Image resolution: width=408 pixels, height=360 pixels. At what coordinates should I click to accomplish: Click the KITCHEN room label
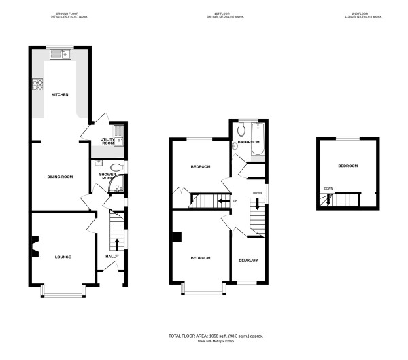[x=61, y=94]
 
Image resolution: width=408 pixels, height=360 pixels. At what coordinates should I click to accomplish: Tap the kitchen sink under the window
[x=68, y=53]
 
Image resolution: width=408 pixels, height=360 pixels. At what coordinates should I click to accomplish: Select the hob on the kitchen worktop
[x=36, y=86]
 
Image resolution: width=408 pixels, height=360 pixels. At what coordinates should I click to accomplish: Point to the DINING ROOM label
[x=60, y=177]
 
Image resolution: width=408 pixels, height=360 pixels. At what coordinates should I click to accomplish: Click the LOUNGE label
[x=63, y=257]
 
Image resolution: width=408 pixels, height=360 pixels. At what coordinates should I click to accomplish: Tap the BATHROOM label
[x=248, y=142]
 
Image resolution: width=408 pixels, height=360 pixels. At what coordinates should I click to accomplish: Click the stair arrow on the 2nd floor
[x=328, y=199]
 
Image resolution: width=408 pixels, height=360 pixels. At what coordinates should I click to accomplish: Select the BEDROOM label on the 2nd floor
[x=347, y=166]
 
